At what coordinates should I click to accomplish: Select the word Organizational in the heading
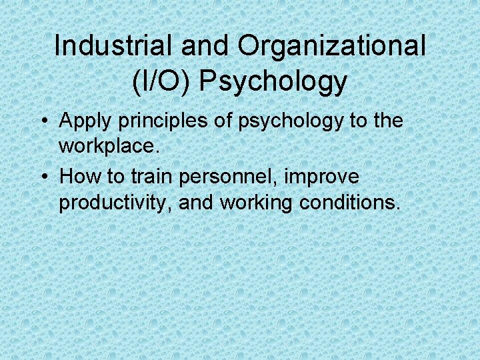pos(331,46)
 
